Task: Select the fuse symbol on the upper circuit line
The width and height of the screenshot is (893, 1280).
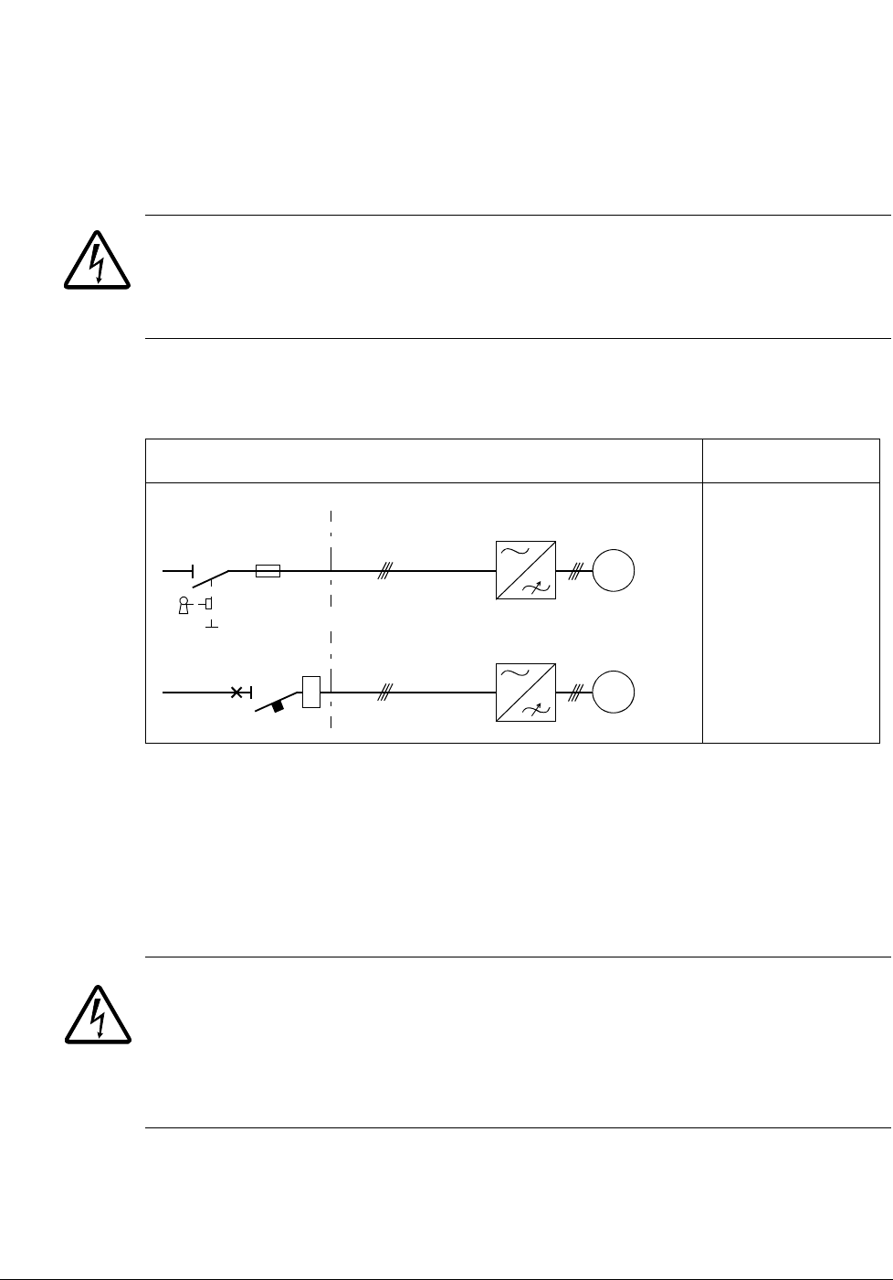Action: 268,571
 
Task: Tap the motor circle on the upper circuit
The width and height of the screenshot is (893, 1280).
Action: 615,571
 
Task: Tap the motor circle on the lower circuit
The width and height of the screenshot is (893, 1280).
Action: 615,693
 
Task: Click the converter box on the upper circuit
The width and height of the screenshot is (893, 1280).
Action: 526,570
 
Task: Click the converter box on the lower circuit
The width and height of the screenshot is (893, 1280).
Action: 526,693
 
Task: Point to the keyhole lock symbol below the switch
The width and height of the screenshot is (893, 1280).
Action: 184,604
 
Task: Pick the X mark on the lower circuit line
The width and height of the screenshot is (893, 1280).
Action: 236,693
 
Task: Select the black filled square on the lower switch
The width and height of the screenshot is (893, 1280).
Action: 278,704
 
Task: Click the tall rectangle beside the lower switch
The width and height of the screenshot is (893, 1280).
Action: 310,692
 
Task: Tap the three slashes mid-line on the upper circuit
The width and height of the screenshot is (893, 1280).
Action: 387,571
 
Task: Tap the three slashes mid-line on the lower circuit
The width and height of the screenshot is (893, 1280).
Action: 387,693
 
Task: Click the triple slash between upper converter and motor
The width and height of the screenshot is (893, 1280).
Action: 574,571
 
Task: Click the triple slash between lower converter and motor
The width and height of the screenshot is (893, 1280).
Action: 574,693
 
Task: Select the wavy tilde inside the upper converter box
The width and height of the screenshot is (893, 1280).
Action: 511,552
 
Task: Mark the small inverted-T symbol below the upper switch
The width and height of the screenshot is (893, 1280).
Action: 212,624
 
